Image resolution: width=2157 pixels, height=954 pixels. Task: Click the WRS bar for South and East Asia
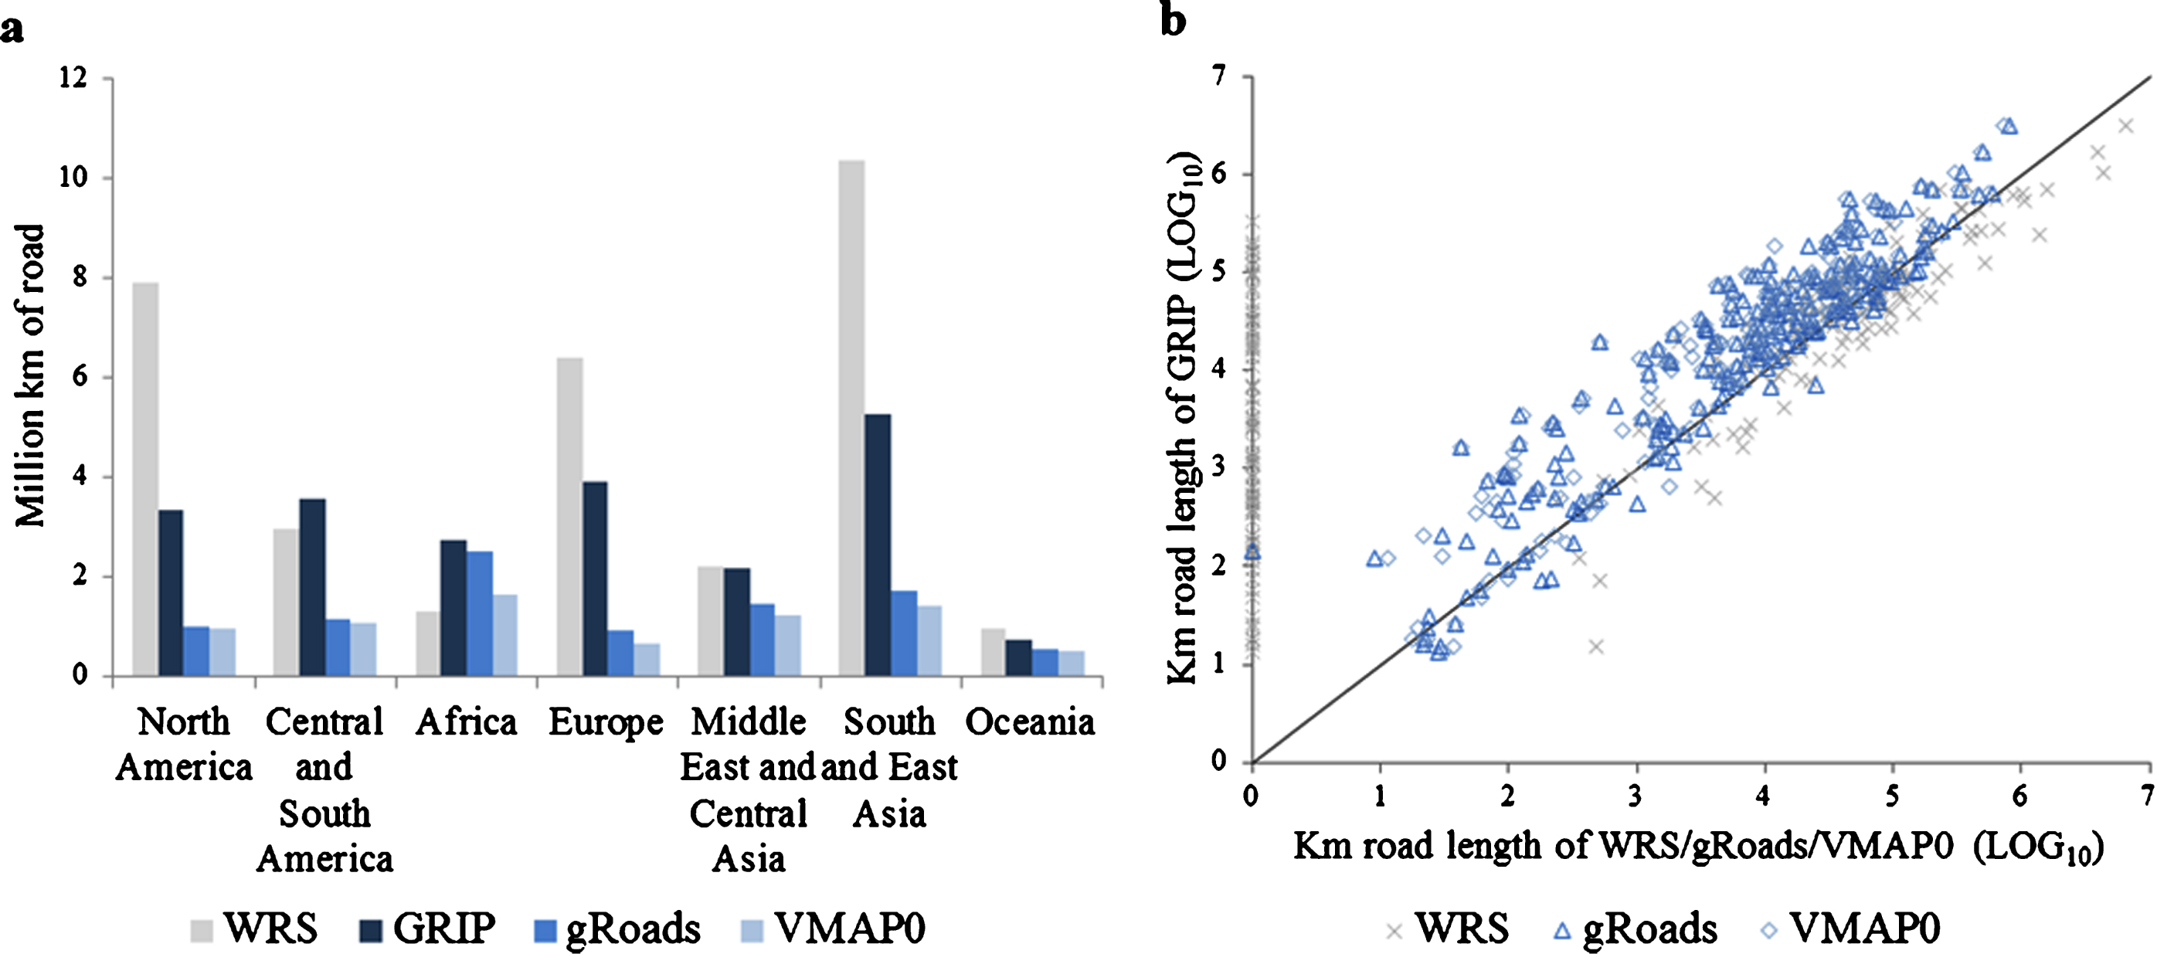[x=851, y=419]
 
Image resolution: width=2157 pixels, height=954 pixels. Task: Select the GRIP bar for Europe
[x=595, y=578]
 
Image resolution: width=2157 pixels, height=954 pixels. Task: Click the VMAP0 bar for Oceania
[x=1071, y=663]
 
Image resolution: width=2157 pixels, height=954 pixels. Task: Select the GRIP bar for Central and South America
[x=312, y=587]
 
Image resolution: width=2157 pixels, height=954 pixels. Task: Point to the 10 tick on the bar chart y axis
[x=73, y=178]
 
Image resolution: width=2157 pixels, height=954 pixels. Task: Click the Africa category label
[x=467, y=722]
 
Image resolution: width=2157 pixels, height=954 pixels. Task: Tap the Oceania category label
[x=1030, y=722]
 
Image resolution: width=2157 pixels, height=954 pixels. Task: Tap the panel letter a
[x=12, y=31]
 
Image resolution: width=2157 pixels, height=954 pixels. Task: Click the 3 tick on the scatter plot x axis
[x=1636, y=795]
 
